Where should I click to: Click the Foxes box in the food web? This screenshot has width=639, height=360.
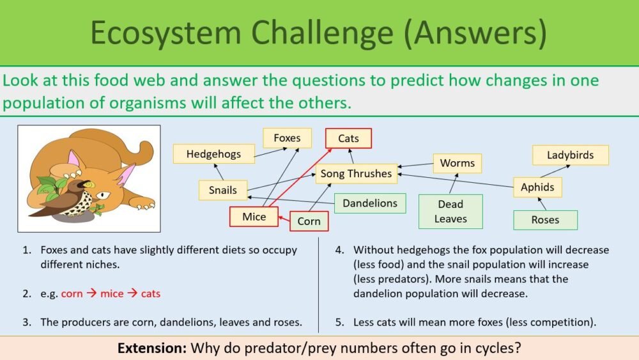[287, 138]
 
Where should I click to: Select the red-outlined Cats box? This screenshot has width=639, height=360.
[348, 138]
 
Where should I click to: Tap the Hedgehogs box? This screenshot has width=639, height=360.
[213, 154]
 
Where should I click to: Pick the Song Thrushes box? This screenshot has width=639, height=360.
[356, 173]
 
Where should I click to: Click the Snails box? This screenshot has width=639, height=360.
[222, 190]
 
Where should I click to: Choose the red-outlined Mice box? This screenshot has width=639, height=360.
[254, 217]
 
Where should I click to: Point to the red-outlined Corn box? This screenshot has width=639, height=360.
[309, 221]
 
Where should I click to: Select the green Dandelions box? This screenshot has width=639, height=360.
[370, 203]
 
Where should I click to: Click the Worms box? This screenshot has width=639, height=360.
[458, 163]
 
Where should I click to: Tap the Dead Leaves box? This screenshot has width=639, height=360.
[450, 212]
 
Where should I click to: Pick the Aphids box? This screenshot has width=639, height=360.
[537, 187]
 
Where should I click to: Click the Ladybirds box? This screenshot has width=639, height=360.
[570, 155]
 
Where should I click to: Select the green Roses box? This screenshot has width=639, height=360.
[545, 220]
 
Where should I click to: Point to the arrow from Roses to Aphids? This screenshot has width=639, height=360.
[543, 204]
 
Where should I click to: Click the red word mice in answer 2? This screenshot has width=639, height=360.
[112, 293]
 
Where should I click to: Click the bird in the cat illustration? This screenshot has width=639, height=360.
[70, 198]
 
